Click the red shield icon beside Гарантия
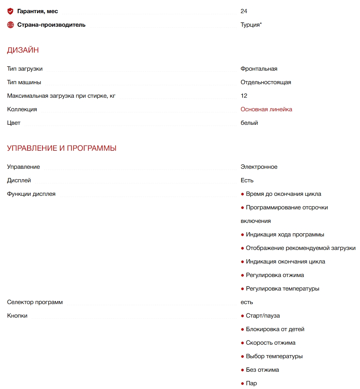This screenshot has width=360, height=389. [x=11, y=11]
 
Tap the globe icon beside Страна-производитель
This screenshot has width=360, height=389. [x=11, y=25]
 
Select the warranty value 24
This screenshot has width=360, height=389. [x=244, y=11]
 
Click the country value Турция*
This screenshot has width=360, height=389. [x=251, y=25]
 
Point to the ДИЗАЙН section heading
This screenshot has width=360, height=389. [x=23, y=50]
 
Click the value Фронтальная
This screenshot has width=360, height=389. [x=259, y=69]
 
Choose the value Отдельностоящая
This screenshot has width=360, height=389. [x=266, y=82]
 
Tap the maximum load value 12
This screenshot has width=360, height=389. [x=244, y=96]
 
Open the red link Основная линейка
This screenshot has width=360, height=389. [x=266, y=109]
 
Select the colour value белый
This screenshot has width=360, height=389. [x=249, y=123]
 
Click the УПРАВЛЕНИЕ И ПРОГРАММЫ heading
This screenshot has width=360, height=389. [x=62, y=148]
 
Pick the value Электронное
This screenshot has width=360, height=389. [x=259, y=167]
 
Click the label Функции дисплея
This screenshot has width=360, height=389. [x=31, y=194]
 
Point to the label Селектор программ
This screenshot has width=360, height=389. [x=35, y=302]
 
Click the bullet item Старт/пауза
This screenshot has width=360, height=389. [x=263, y=316]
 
